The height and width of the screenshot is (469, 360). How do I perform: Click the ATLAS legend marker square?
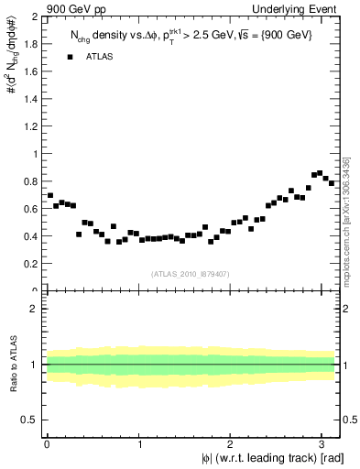(70, 57)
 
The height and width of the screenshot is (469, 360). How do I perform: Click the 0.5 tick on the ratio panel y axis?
(30, 420)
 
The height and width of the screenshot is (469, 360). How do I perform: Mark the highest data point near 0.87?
(320, 172)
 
